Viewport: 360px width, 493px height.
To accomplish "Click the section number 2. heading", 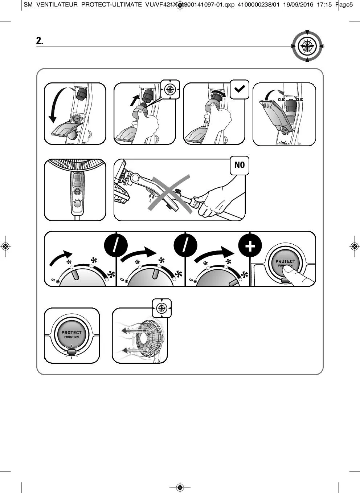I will [x=40, y=41].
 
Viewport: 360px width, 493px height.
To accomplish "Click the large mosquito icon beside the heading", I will [x=307, y=46].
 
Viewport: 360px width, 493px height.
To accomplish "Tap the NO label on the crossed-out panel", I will [x=240, y=165].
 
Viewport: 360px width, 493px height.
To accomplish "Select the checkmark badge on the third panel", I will [x=240, y=89].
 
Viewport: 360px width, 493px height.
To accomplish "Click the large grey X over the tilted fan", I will [x=169, y=194].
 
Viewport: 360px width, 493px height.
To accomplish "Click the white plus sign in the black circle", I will [x=250, y=246].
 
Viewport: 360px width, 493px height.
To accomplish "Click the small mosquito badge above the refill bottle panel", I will [x=170, y=89].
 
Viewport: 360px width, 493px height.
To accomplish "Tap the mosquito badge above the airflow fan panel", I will [x=161, y=308].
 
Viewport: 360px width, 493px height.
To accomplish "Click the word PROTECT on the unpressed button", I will [x=71, y=332].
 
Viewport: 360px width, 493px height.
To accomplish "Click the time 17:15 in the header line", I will [x=324, y=5].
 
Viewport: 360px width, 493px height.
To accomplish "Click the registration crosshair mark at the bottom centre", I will [x=180, y=487].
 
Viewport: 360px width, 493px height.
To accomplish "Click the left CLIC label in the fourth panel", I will [x=282, y=99].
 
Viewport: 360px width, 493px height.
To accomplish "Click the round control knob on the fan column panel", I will [x=77, y=204].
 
